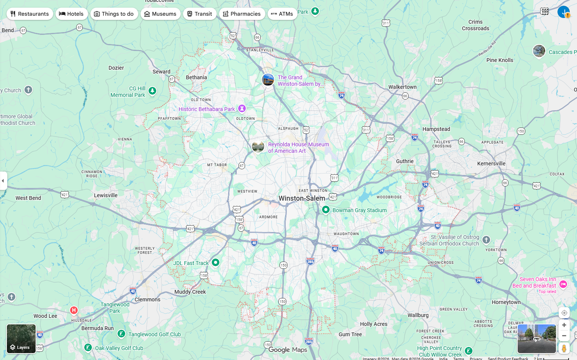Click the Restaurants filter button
click(29, 14)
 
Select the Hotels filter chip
click(72, 14)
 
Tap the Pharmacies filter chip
click(242, 14)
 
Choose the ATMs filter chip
click(282, 14)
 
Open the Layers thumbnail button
click(21, 339)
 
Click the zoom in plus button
click(564, 325)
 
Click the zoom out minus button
click(564, 336)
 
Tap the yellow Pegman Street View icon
click(564, 348)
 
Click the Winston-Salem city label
click(302, 198)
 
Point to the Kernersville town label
click(491, 164)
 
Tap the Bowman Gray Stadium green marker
click(325, 209)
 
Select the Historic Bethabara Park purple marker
click(242, 108)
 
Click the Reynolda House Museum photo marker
click(258, 146)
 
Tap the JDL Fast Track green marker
click(216, 262)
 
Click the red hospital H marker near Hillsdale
click(74, 310)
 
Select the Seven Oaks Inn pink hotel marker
click(563, 284)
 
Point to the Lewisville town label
click(106, 195)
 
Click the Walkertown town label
click(402, 87)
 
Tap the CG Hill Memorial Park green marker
click(152, 91)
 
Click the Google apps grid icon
click(544, 11)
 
